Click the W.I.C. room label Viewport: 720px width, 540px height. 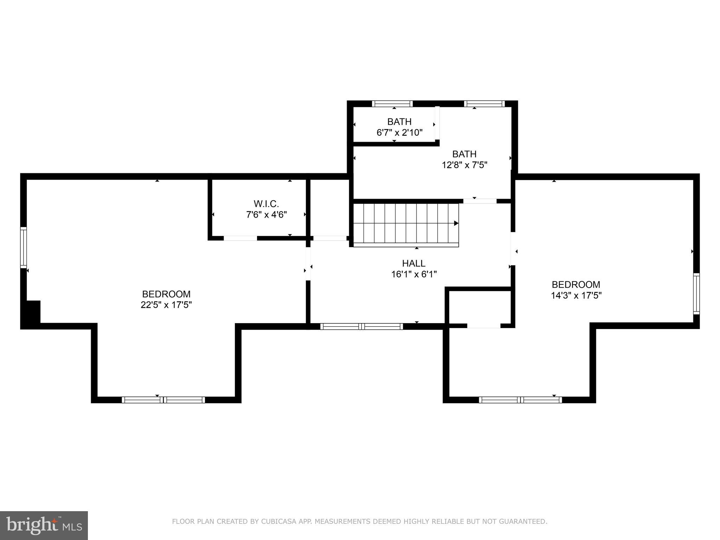pyautogui.click(x=266, y=204)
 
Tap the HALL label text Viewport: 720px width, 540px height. pyautogui.click(x=413, y=263)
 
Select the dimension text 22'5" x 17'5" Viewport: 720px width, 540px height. pyautogui.click(x=166, y=305)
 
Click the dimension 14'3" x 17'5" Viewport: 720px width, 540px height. pyautogui.click(x=576, y=295)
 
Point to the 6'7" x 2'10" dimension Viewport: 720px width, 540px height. pyautogui.click(x=399, y=133)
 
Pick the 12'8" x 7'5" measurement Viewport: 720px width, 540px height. pyautogui.click(x=464, y=165)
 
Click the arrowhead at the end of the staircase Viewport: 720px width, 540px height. pyautogui.click(x=456, y=223)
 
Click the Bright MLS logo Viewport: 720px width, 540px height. pyautogui.click(x=44, y=525)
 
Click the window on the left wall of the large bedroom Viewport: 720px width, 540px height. pyautogui.click(x=24, y=247)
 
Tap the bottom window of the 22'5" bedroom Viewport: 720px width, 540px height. pyautogui.click(x=163, y=400)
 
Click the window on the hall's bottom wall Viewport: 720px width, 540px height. pyautogui.click(x=362, y=327)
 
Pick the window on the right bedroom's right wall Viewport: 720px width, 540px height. pyautogui.click(x=696, y=294)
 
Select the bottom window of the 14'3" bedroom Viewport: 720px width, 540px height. pyautogui.click(x=520, y=400)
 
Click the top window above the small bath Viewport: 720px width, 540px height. pyautogui.click(x=392, y=104)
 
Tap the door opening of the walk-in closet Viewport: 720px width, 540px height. pyautogui.click(x=240, y=238)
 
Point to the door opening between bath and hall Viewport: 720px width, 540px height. pyautogui.click(x=480, y=201)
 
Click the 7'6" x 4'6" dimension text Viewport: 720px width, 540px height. pyautogui.click(x=266, y=214)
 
